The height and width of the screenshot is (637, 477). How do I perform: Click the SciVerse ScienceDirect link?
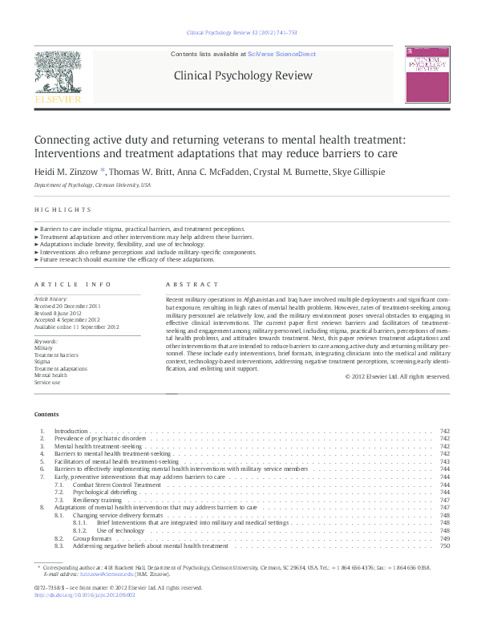(281, 55)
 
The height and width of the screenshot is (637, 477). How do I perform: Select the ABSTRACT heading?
(192, 284)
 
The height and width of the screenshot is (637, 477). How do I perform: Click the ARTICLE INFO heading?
(63, 284)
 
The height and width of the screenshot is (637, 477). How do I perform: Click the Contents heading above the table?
(46, 414)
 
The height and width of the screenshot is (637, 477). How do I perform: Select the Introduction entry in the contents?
(71, 432)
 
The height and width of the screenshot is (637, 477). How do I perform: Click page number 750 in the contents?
(445, 546)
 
